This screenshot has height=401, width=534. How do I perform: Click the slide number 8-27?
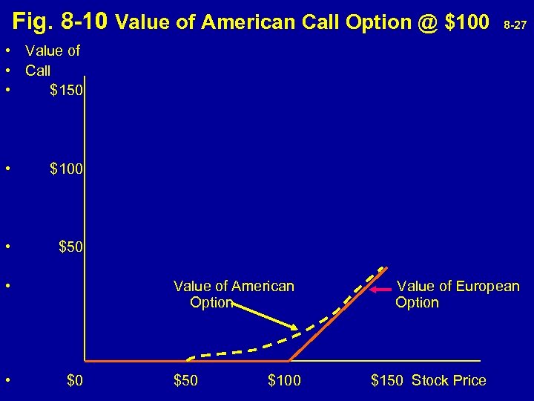[x=515, y=25]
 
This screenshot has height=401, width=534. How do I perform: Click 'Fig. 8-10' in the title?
[x=62, y=22]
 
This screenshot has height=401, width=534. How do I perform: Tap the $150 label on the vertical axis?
[x=67, y=91]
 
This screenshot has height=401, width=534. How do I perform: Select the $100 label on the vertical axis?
[x=67, y=169]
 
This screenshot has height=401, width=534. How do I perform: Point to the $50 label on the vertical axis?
[x=71, y=246]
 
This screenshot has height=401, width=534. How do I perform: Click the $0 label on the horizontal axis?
[x=75, y=381]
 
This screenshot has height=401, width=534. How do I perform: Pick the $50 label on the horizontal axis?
[x=186, y=381]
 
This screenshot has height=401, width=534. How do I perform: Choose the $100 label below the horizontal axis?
[x=284, y=381]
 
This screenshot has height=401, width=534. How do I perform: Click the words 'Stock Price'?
[x=449, y=381]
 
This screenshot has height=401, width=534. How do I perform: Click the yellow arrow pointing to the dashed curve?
[x=263, y=316]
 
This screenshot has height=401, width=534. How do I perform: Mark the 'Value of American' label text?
[x=234, y=286]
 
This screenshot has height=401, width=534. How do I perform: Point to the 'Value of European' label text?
[x=458, y=286]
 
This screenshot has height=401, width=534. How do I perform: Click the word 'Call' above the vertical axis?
[x=38, y=71]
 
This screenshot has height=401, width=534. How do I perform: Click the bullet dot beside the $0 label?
[x=7, y=381]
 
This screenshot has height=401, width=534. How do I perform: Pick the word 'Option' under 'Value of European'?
[x=417, y=302]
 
